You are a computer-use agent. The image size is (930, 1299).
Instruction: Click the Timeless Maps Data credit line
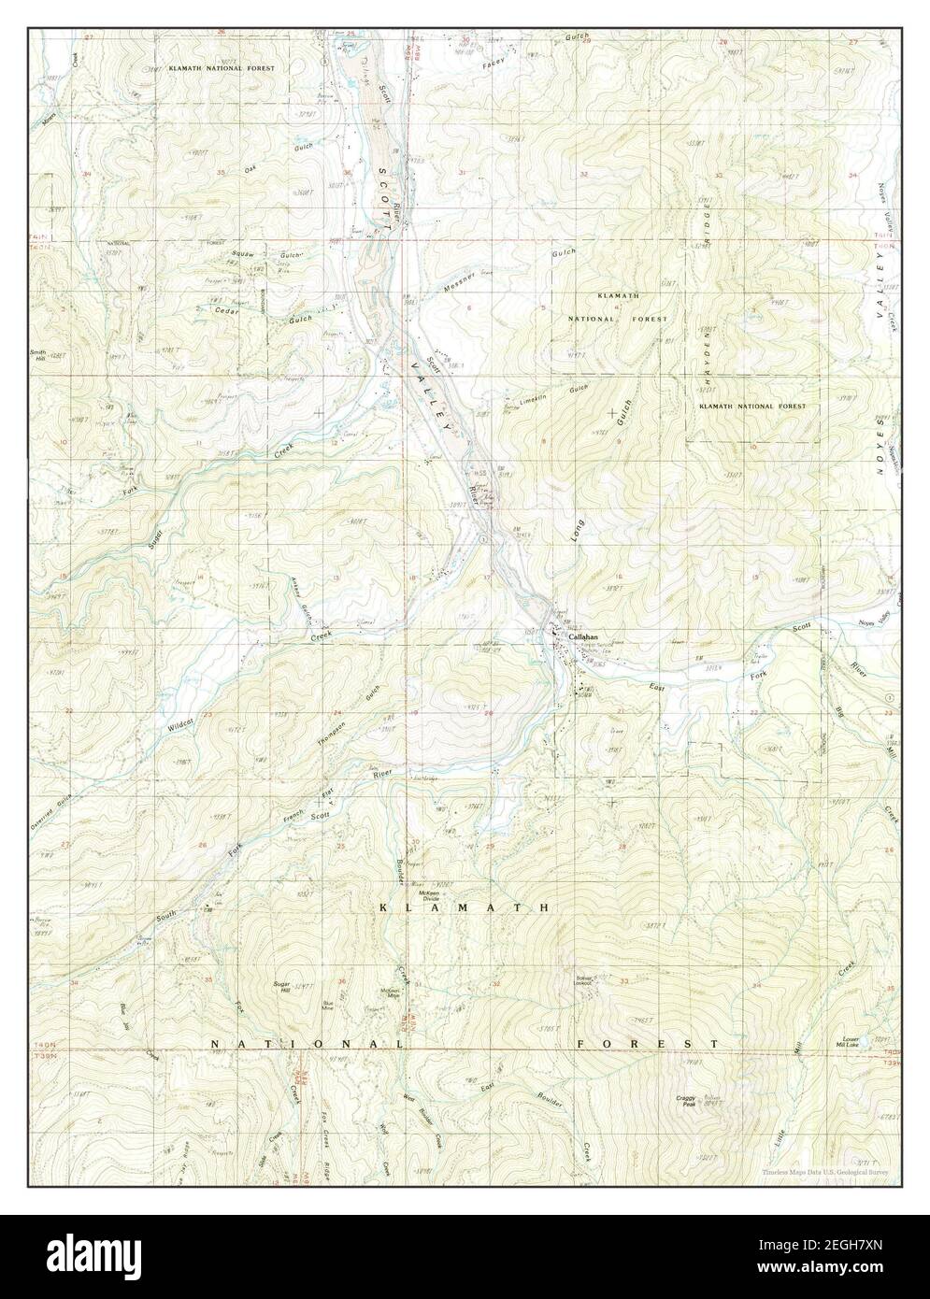coord(823,1170)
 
